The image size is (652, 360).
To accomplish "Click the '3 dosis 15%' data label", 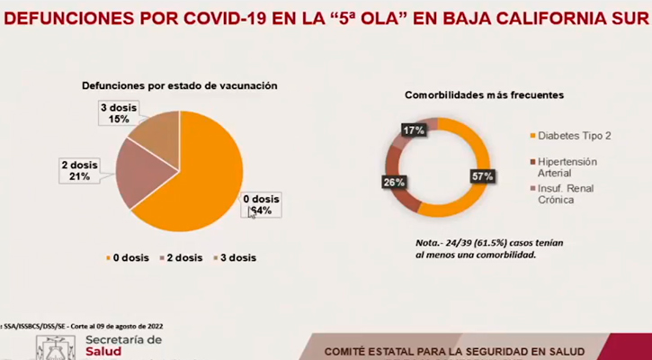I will click(114, 113).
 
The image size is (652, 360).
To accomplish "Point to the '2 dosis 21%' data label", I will click(76, 170).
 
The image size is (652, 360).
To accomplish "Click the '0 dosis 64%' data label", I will click(262, 204).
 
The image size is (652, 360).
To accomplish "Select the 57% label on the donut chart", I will click(482, 176).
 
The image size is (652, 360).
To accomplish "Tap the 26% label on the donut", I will click(394, 182).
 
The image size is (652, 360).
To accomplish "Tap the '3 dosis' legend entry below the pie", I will click(234, 257).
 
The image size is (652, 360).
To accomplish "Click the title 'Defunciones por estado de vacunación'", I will click(179, 85).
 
